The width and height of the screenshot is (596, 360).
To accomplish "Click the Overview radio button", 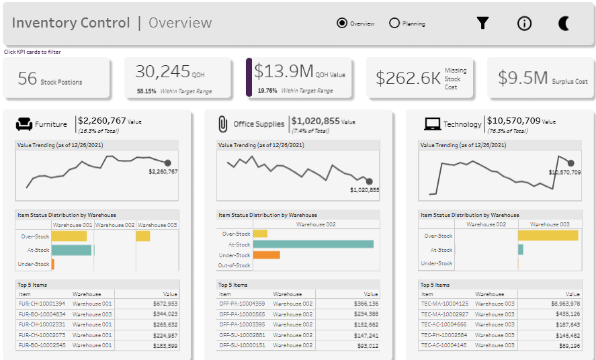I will tap(342, 23).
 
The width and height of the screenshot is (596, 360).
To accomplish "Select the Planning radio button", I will tap(394, 23).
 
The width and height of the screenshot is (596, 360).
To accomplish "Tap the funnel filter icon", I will tap(482, 23).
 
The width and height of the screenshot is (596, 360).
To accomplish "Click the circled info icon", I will tap(524, 24).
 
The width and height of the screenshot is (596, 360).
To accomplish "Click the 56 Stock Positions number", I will tap(28, 79).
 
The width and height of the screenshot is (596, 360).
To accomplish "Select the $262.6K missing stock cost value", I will tap(408, 78).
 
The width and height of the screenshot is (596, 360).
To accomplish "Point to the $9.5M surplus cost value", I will tap(523, 78).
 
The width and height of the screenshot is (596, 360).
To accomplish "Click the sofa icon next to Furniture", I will tap(24, 124).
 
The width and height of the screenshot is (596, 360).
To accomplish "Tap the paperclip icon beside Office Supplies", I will tap(223, 124).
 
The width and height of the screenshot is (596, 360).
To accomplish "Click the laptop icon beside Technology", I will tap(432, 124).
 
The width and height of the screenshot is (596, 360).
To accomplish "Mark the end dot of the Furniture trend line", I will tap(167, 163).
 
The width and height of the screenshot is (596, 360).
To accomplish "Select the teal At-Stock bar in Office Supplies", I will tap(313, 244).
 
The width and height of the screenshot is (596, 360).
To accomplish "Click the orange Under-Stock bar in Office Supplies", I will tap(266, 255).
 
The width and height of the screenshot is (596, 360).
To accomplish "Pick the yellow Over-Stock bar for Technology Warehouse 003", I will tap(548, 236).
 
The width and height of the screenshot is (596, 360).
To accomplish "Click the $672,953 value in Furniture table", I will tap(165, 304).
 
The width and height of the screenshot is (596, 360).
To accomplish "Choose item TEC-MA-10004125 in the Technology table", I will tap(444, 304).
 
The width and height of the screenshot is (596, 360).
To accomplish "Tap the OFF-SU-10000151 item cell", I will tap(242, 345).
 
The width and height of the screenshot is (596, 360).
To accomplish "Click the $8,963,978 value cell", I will tap(566, 304).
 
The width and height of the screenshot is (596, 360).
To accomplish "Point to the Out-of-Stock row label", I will tap(234, 265).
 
